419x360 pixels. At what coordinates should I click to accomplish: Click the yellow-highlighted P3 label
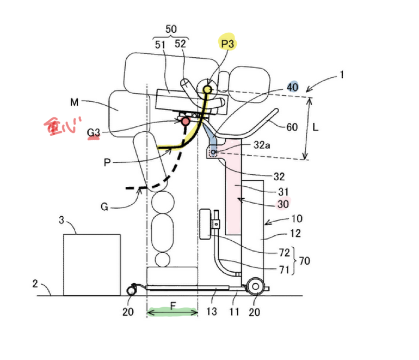tap(227, 44)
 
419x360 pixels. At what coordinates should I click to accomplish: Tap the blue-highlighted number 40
tap(292, 87)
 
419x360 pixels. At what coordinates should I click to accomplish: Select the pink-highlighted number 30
tap(283, 204)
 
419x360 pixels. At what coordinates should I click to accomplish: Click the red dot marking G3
tap(185, 121)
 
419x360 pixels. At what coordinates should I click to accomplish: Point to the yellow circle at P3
tap(207, 90)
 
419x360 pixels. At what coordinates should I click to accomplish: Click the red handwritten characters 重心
tap(62, 126)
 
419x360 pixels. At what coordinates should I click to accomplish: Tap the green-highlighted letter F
tap(173, 306)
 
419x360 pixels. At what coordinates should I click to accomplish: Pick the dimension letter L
tap(315, 127)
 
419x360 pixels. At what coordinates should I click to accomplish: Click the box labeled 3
tap(92, 265)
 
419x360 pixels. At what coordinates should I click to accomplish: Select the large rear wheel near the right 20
tap(255, 286)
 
